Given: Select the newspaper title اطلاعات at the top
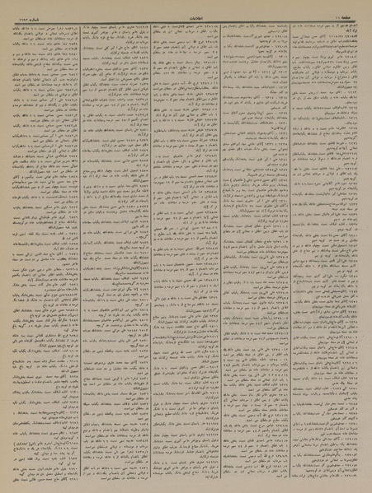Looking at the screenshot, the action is coord(186,7).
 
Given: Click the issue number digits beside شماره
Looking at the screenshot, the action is coord(15,7).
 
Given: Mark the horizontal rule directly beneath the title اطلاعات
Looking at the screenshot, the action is coord(186,12).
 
